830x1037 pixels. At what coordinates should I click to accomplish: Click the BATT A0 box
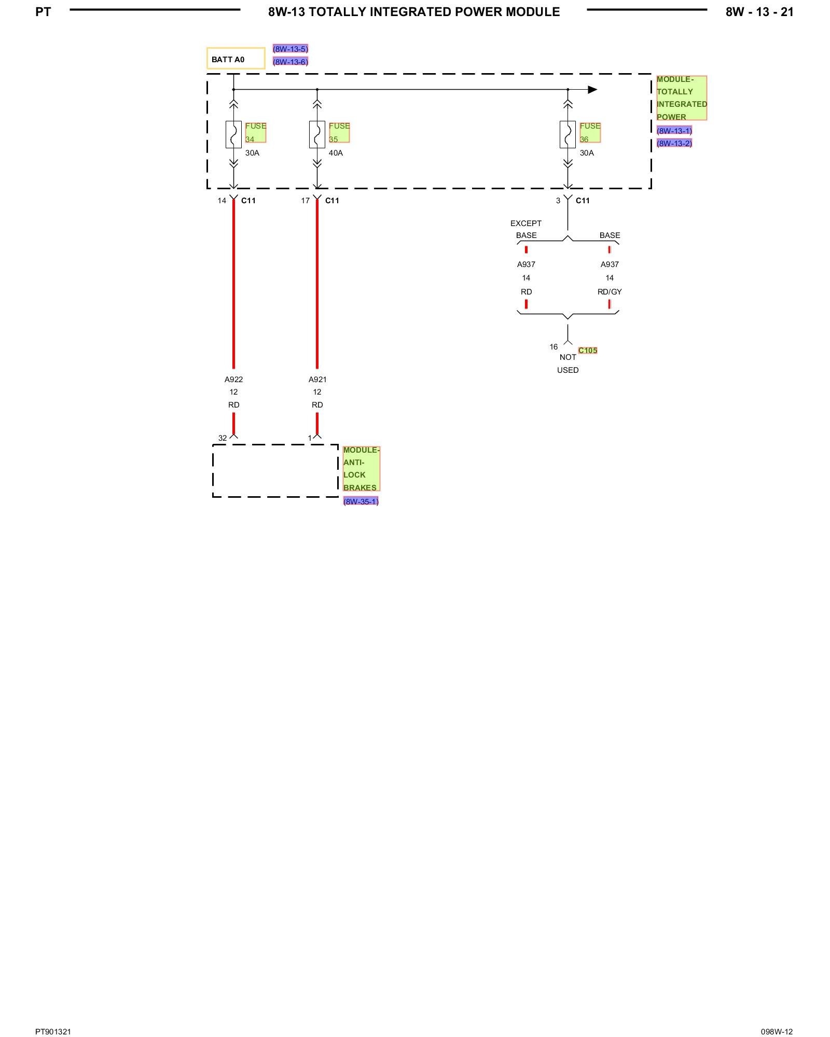[236, 59]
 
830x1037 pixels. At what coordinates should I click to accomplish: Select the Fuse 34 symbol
[233, 134]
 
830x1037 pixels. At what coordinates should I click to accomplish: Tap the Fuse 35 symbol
[317, 134]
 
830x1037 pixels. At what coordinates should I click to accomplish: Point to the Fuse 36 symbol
[568, 134]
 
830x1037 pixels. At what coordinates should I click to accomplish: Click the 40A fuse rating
[336, 153]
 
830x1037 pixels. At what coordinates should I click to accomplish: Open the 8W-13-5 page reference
[290, 49]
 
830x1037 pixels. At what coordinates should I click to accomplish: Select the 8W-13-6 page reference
[290, 62]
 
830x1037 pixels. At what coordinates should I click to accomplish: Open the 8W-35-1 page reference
[361, 501]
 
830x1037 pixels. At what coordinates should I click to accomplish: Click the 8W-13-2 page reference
[674, 143]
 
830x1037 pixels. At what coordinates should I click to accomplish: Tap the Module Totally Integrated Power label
[681, 98]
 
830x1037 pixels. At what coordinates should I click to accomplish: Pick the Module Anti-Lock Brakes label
[361, 469]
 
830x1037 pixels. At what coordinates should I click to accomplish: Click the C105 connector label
[588, 351]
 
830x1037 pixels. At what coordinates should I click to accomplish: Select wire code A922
[233, 380]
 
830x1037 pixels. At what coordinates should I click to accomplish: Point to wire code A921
[317, 380]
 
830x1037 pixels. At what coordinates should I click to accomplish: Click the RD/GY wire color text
[610, 292]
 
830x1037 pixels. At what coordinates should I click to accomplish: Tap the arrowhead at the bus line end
[592, 90]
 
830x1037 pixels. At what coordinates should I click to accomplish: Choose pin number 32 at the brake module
[223, 438]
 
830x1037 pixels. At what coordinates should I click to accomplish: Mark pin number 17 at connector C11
[305, 201]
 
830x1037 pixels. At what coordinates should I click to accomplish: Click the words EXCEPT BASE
[526, 229]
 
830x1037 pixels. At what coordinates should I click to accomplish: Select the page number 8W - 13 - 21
[759, 12]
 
